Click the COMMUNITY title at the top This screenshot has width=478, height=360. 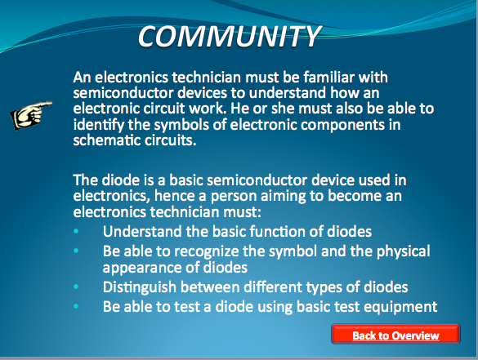tap(230, 36)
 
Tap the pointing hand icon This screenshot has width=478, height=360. tap(31, 115)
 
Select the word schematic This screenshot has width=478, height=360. tap(106, 140)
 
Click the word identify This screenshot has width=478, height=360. tap(99, 125)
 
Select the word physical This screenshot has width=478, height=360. tap(404, 251)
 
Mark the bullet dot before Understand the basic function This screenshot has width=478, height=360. tap(76, 232)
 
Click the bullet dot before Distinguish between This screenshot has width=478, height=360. tap(76, 287)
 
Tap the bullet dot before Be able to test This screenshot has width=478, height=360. tap(76, 306)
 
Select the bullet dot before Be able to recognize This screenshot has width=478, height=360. tap(76, 251)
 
